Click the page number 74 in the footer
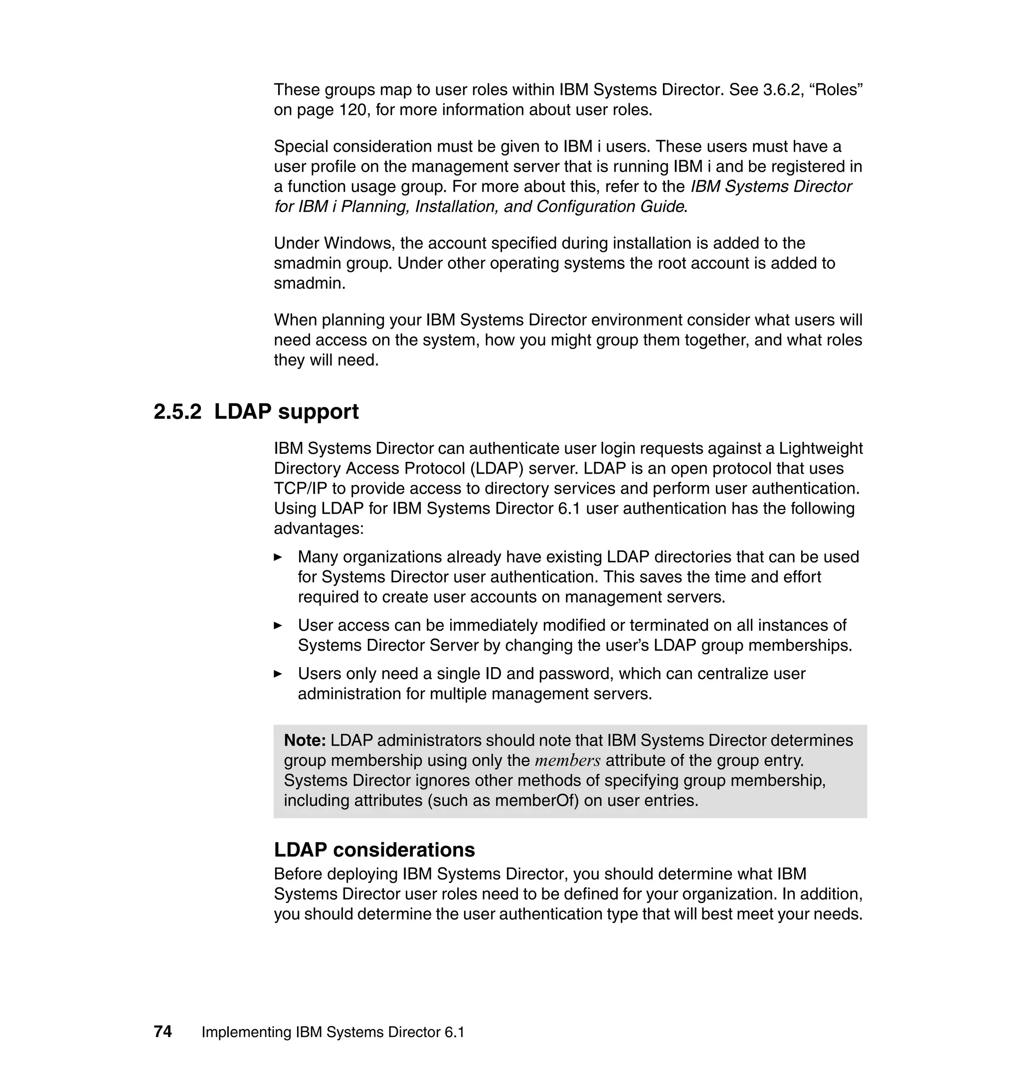click(163, 1032)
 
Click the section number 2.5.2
click(177, 411)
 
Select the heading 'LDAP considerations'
click(374, 850)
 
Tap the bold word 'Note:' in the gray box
click(305, 740)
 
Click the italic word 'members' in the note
click(567, 761)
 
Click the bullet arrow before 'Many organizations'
click(278, 557)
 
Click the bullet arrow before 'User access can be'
click(278, 625)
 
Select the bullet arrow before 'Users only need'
click(278, 674)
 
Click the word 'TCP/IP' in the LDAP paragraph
click(301, 489)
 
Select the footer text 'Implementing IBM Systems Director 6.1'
click(333, 1032)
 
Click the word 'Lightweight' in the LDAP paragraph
click(820, 449)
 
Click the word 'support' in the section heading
click(318, 412)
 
